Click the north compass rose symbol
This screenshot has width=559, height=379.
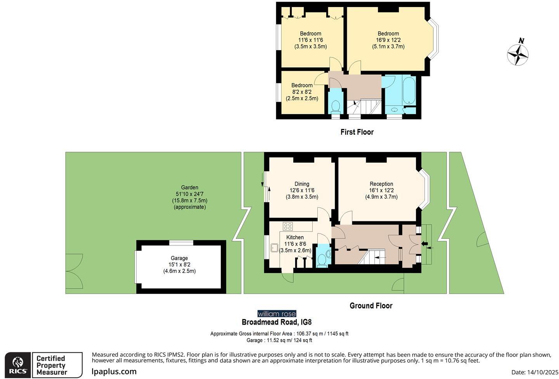(x=518, y=54)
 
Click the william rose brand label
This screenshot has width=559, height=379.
(x=277, y=314)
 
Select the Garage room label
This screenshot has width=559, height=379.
(x=179, y=258)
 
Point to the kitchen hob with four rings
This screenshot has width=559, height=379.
(x=287, y=226)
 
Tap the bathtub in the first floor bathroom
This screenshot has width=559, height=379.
(x=409, y=91)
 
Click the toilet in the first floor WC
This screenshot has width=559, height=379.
(x=335, y=105)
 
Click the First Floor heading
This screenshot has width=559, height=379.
(x=357, y=132)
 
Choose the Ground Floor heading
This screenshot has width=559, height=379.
(x=371, y=306)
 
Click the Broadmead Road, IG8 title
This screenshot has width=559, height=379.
(x=277, y=322)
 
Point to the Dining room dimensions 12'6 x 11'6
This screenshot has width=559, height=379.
(x=302, y=191)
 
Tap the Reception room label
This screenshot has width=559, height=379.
(x=381, y=184)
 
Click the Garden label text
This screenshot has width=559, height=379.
(x=190, y=188)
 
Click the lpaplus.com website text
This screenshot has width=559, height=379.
(x=114, y=372)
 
